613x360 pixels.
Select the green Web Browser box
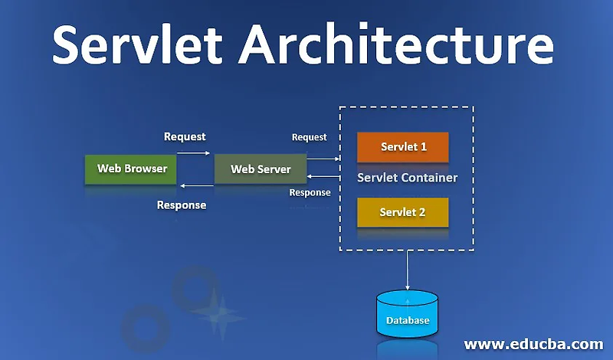click(x=132, y=169)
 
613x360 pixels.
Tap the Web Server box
click(x=261, y=169)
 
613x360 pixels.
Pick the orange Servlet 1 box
click(x=403, y=146)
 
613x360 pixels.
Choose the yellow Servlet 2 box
click(x=403, y=212)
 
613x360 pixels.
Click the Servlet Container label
click(x=407, y=178)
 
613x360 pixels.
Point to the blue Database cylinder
click(x=407, y=314)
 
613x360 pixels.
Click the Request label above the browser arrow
click(x=185, y=136)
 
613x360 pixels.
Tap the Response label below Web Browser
click(x=182, y=205)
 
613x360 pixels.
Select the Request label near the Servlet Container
click(x=310, y=137)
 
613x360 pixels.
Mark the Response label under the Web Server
click(x=310, y=192)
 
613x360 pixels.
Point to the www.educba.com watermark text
click(x=534, y=343)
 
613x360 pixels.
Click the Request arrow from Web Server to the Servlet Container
click(x=324, y=158)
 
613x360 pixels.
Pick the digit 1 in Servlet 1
click(x=424, y=146)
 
